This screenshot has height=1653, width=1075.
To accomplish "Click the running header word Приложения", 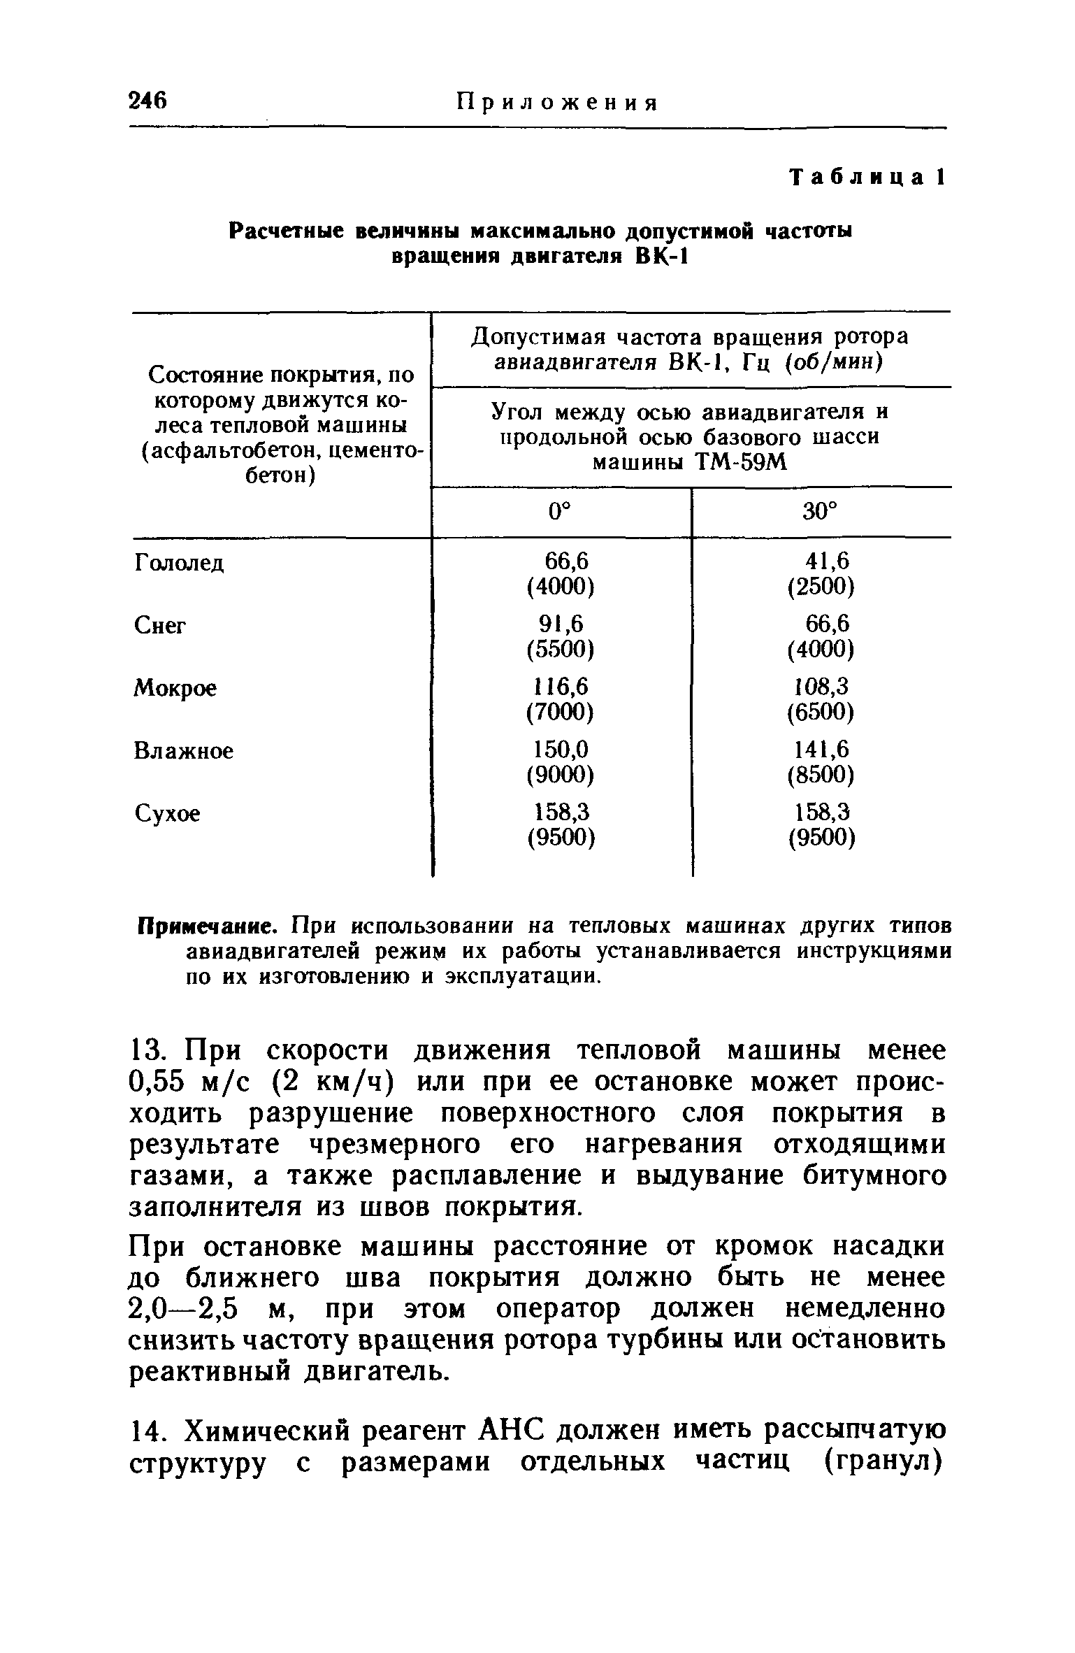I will [x=557, y=103].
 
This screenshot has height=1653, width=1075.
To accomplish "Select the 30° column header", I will [x=819, y=513].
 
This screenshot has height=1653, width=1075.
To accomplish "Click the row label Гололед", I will [x=179, y=563].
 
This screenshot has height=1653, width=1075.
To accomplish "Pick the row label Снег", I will [x=160, y=625].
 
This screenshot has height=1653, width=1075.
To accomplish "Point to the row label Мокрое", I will [x=175, y=688].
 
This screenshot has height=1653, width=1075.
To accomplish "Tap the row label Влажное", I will [x=184, y=751].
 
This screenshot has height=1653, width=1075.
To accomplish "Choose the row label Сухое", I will [x=167, y=814].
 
